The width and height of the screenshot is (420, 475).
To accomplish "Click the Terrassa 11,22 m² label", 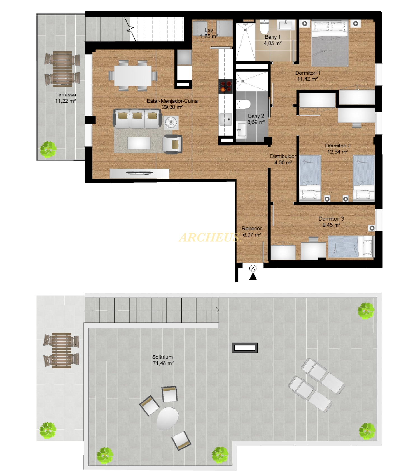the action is [65, 98].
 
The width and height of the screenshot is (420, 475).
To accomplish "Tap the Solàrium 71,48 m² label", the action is [163, 360].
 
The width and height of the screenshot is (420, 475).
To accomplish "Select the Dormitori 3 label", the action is [331, 219].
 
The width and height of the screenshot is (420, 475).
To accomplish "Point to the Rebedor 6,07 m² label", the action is [252, 232].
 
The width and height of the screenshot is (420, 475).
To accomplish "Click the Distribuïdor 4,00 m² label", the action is [283, 159].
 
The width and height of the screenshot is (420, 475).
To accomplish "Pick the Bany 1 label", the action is [272, 37].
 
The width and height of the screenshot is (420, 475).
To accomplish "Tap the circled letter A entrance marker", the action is [253, 269].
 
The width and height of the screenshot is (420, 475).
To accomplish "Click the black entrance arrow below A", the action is [253, 276].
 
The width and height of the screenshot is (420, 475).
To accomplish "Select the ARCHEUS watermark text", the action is [210, 238].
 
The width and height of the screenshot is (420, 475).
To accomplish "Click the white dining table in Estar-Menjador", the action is [133, 75].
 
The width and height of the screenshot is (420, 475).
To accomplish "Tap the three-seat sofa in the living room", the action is [137, 119].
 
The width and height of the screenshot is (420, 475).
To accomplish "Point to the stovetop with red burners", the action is [226, 86].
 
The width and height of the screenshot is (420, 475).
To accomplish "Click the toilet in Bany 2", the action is [243, 104].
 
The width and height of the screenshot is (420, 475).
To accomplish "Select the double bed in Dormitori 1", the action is [330, 43].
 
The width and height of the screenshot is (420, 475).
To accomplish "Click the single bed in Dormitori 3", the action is [351, 246].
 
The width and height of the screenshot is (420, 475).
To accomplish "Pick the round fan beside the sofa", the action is [171, 123].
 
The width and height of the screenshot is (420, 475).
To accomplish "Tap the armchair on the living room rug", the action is [172, 144].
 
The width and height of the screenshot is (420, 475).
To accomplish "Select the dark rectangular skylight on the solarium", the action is [245, 348].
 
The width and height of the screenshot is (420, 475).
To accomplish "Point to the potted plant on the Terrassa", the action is [48, 149].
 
